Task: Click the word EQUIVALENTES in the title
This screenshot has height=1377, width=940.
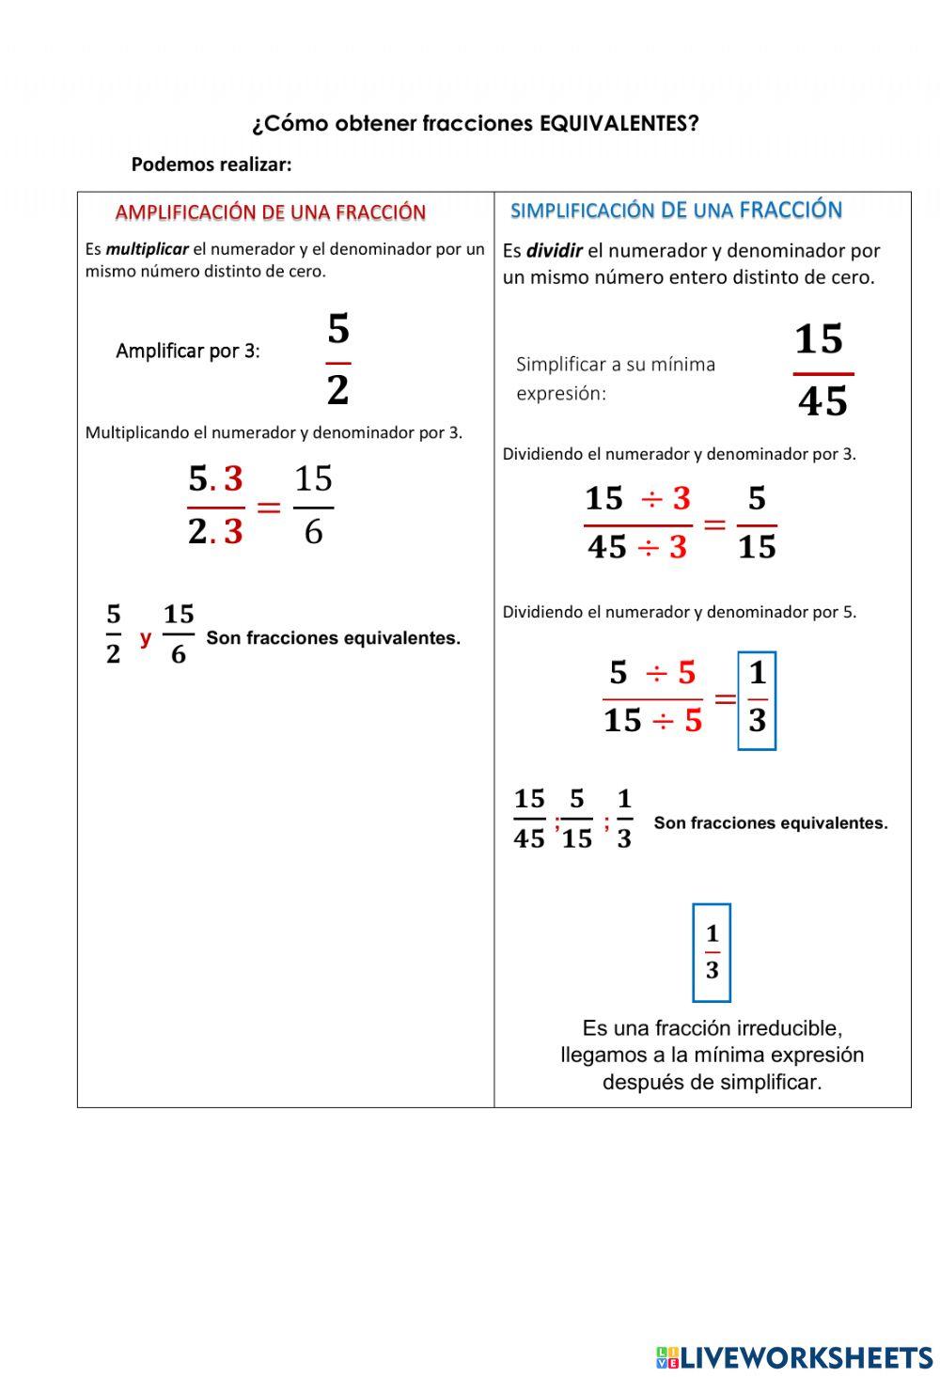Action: [x=619, y=124]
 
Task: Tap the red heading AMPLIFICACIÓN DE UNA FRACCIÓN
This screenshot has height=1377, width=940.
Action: [x=271, y=212]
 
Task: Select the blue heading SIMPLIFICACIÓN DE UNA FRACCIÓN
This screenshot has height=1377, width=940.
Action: [x=676, y=211]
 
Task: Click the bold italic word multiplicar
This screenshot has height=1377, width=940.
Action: [x=147, y=250]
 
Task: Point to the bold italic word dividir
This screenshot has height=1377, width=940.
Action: [x=554, y=251]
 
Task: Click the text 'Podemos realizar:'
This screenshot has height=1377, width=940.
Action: [x=211, y=164]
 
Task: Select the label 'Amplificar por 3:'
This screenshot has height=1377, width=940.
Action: [x=188, y=352]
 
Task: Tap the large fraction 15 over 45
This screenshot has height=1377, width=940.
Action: [x=822, y=370]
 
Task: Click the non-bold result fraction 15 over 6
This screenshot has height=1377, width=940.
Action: [x=313, y=506]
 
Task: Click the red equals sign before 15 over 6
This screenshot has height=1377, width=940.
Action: [x=269, y=509]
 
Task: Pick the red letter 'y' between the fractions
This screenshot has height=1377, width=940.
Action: [x=145, y=638]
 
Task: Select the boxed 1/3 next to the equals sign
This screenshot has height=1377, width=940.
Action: [x=757, y=699]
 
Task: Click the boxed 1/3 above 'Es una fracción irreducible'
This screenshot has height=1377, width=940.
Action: [x=712, y=952]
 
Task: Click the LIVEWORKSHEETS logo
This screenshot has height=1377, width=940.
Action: [x=794, y=1357]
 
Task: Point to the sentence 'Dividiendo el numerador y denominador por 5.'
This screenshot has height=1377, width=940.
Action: [x=679, y=612]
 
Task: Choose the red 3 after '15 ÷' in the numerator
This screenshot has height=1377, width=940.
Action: [x=681, y=498]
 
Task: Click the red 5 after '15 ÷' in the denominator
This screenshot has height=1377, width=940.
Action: [x=693, y=721]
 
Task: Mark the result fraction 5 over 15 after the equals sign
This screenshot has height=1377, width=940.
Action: [x=757, y=523]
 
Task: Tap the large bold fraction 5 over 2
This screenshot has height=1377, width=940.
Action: [x=338, y=360]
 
